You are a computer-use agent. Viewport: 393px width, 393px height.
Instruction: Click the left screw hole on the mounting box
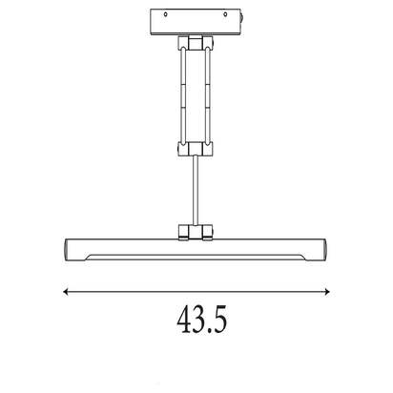(165, 14)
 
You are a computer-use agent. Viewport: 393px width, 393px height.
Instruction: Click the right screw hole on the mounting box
(225, 14)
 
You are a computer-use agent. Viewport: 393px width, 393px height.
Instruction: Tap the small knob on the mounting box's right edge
(242, 17)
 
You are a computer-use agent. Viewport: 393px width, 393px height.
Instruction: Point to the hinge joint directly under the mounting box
(196, 43)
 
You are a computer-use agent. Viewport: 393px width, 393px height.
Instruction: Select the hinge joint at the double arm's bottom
(196, 149)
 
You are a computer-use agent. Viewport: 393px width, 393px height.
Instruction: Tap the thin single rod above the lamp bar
(196, 190)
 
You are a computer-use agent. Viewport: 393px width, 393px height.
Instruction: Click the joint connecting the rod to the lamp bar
(196, 232)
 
